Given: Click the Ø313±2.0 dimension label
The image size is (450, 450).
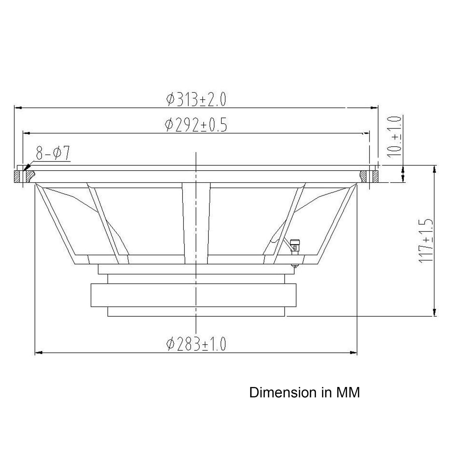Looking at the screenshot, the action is click(x=196, y=99).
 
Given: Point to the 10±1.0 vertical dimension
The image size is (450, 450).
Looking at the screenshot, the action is click(x=394, y=137).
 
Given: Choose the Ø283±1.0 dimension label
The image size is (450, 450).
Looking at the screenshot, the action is click(x=196, y=344).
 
